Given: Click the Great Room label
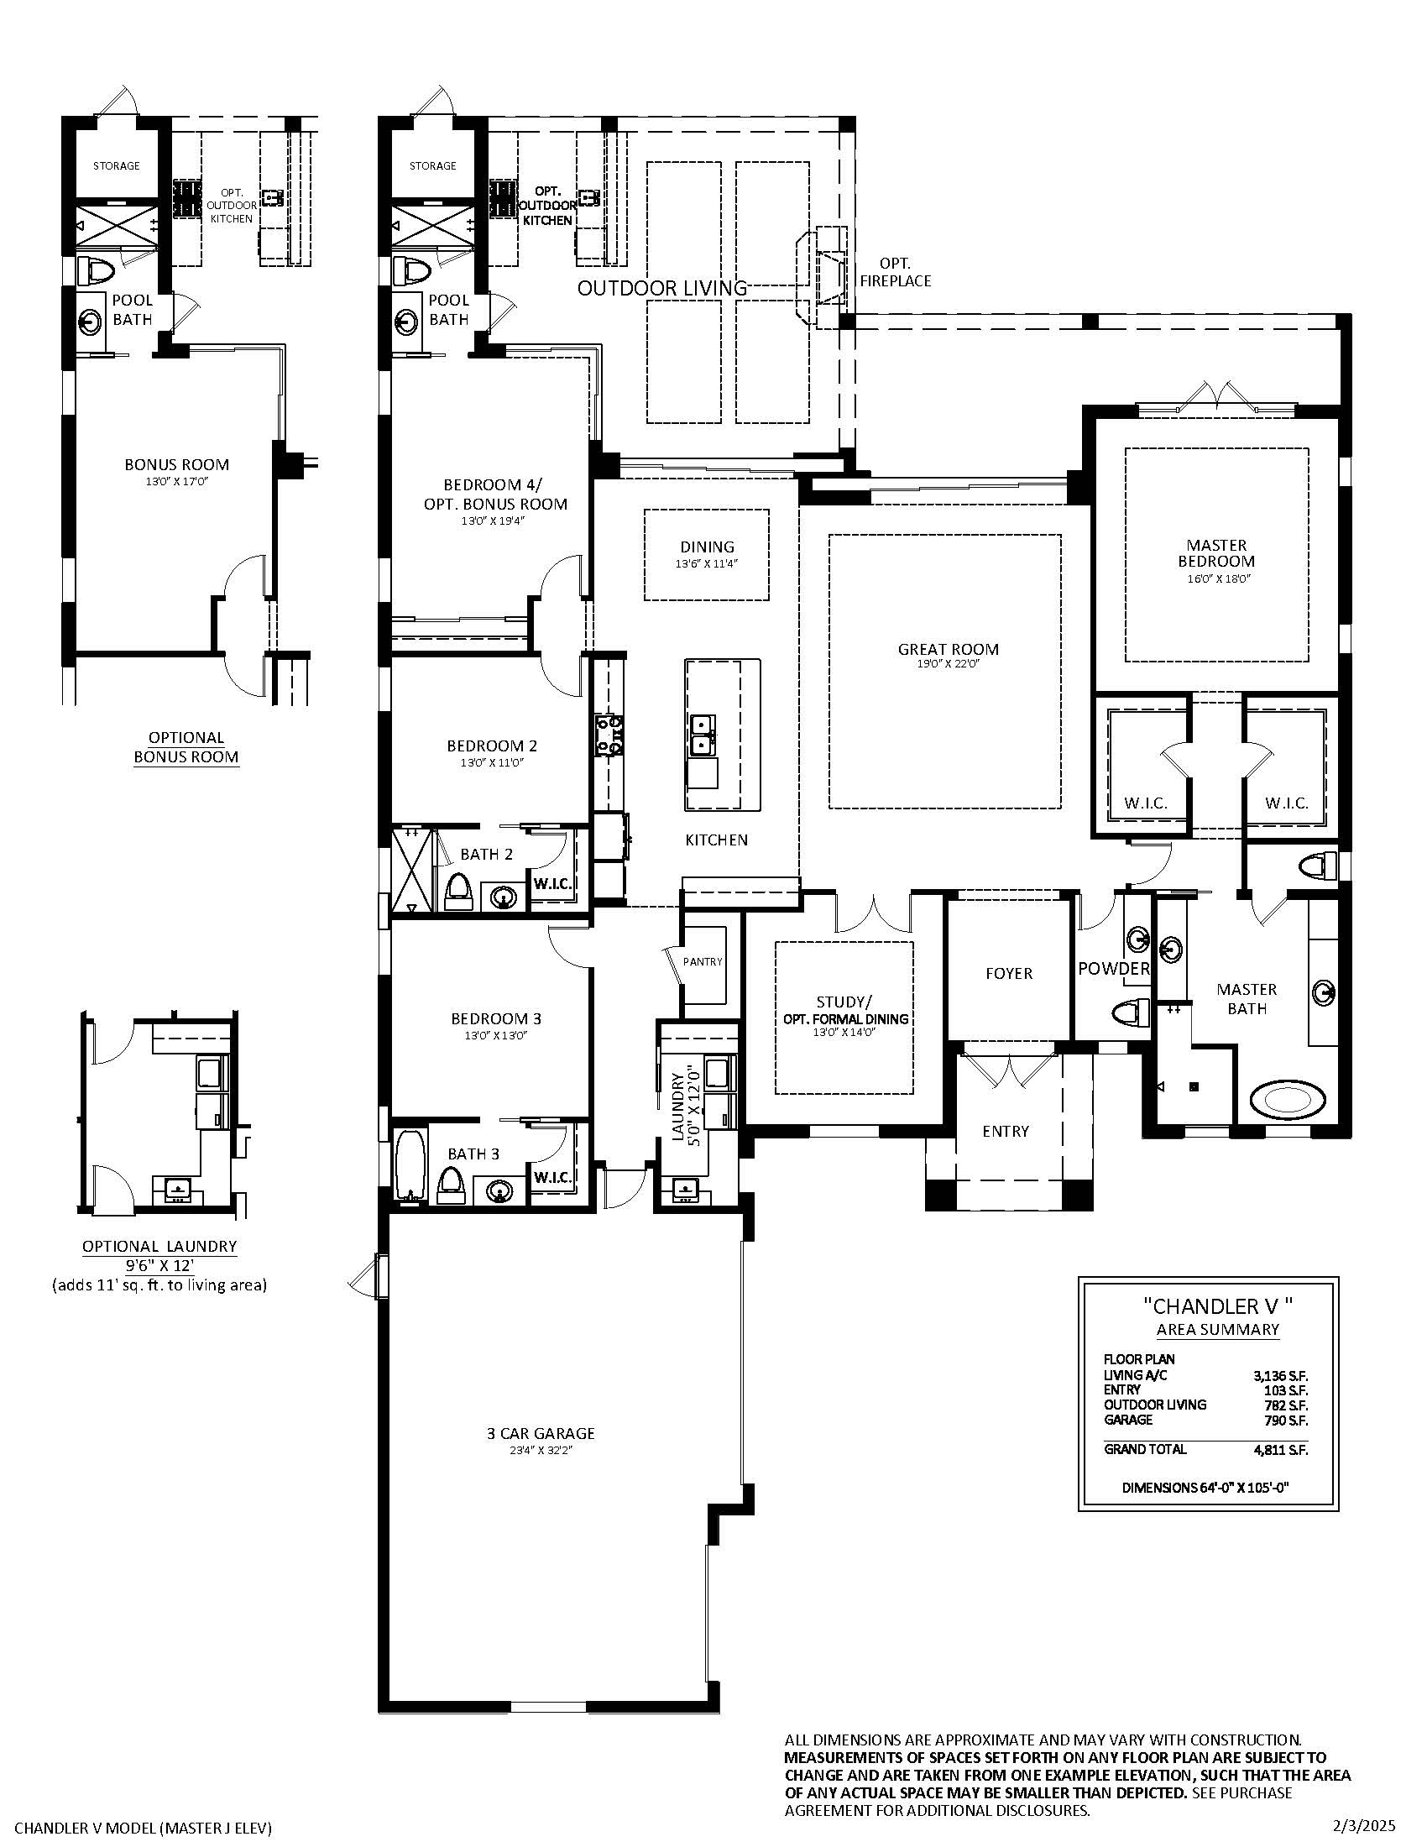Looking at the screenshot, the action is pos(948,650).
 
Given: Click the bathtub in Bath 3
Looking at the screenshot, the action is pos(411,1165).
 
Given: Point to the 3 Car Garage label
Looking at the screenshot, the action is pos(541,1433).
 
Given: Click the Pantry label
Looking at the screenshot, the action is pos(703,961).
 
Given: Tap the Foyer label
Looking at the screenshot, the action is pos(1008,973).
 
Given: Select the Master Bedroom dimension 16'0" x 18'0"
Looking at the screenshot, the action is pos(1216,579).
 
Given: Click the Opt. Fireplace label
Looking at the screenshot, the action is pos(896,272).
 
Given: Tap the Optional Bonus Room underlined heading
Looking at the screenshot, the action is pos(187,747).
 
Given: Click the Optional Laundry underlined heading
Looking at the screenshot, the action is pos(159,1246).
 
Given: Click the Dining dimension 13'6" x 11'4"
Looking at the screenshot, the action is pos(707,563).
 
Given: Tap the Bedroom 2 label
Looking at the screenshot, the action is pos(492,746).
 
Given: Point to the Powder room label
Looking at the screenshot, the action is pos(1113,969).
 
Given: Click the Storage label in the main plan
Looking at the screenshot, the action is pos(433,165).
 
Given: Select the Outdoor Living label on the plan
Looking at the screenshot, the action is pos(662,288).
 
